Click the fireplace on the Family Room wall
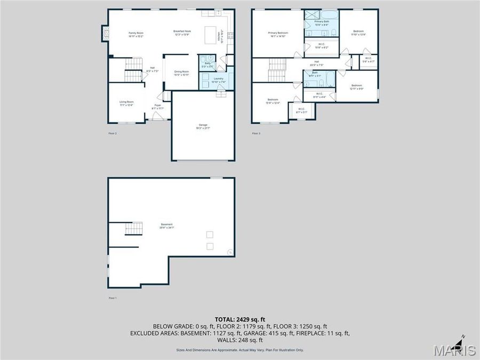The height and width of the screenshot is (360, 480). click(x=105, y=34)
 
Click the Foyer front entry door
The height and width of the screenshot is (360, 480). click(x=158, y=118)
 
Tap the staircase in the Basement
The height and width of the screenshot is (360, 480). click(x=134, y=229)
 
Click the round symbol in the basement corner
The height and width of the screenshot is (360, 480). click(x=230, y=252)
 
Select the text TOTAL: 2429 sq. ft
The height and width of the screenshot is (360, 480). click(x=239, y=319)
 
